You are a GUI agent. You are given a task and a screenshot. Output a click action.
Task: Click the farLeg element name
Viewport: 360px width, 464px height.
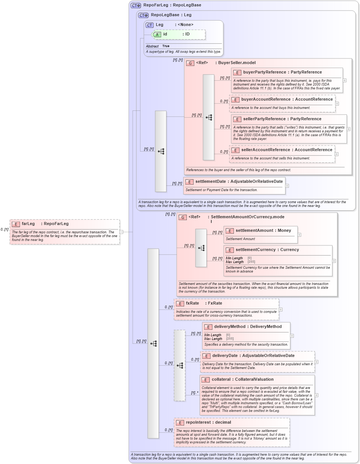28,224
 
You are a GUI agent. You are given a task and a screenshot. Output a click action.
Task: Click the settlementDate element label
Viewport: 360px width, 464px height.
211,182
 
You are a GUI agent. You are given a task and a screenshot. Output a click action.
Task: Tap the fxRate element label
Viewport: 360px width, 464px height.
192,303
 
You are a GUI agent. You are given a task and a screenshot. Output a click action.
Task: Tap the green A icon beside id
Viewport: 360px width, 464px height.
157,34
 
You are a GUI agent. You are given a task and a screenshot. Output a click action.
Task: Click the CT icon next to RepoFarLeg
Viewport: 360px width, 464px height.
136,5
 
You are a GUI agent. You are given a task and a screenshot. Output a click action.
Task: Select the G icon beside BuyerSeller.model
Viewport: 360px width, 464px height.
191,63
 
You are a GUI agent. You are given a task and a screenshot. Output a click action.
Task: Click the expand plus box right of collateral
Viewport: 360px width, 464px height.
317,395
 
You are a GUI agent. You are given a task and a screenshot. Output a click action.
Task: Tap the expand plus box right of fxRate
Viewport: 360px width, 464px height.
281,309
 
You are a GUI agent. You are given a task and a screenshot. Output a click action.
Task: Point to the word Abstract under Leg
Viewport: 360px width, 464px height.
152,46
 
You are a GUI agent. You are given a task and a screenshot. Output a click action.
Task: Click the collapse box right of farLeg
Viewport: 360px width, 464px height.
121,232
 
